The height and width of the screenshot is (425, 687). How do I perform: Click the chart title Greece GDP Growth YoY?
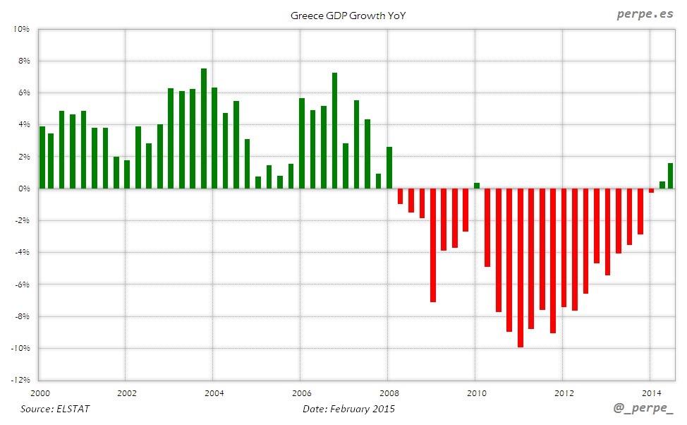[348, 15]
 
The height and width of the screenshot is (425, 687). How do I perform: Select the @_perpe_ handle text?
[643, 409]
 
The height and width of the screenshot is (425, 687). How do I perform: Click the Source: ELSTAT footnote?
[55, 409]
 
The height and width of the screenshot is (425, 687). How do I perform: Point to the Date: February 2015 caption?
[348, 409]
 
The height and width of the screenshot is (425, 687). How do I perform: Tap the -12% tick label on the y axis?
[19, 381]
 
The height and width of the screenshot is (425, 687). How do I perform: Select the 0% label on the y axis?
[23, 188]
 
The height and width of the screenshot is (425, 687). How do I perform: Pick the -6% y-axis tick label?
[21, 285]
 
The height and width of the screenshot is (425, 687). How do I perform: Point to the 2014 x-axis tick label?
[651, 393]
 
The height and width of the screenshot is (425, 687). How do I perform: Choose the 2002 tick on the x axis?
[126, 393]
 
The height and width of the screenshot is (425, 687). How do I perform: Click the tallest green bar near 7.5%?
[204, 128]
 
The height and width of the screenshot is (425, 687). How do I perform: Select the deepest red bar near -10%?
[521, 268]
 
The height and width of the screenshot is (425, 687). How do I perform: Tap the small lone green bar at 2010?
[477, 186]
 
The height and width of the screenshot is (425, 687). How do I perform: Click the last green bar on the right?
[670, 176]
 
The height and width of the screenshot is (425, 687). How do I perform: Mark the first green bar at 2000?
[42, 157]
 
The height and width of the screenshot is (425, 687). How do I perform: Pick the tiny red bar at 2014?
[651, 191]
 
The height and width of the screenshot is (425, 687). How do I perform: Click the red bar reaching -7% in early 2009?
[433, 245]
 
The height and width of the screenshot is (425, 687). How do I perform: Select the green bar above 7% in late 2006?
[334, 131]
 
